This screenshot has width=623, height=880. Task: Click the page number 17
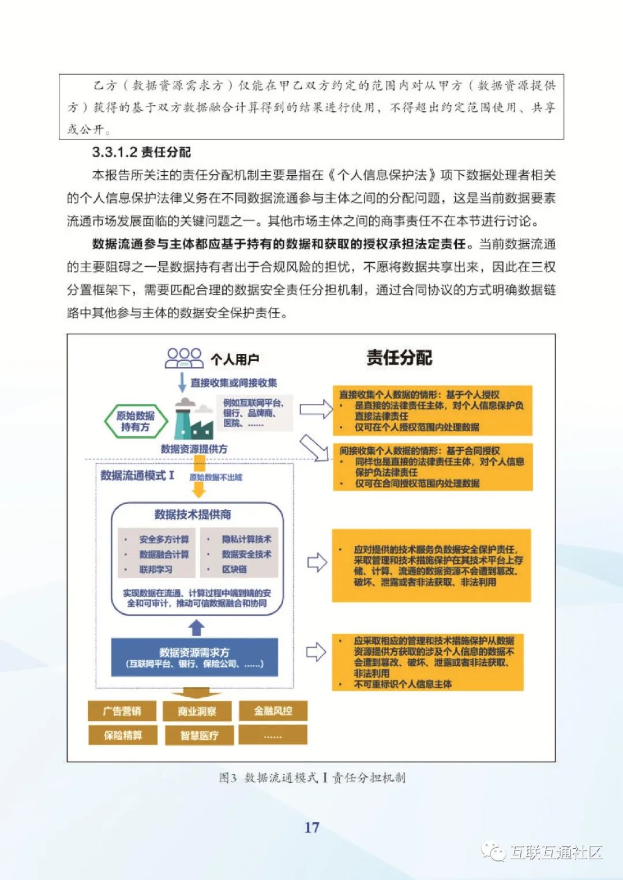click(311, 828)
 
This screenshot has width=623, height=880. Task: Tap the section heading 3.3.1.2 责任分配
click(141, 152)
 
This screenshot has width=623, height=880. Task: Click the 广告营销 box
click(122, 711)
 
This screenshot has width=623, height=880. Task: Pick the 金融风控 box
click(273, 711)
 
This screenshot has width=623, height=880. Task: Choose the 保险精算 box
click(122, 735)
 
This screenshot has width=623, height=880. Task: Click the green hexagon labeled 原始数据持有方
click(136, 421)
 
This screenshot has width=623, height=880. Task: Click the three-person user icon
click(184, 358)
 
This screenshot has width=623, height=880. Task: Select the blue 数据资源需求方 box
click(194, 658)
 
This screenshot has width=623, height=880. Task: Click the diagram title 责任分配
click(399, 358)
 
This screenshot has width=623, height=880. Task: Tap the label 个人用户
click(235, 360)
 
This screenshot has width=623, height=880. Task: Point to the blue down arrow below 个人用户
click(182, 382)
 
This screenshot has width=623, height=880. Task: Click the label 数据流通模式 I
click(137, 475)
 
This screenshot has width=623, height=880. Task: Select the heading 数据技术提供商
click(193, 515)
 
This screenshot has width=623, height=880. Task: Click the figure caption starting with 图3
click(311, 778)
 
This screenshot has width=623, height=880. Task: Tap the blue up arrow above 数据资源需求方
click(197, 628)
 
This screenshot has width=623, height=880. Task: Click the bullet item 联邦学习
click(156, 569)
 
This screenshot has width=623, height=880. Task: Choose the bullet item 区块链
click(235, 569)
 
